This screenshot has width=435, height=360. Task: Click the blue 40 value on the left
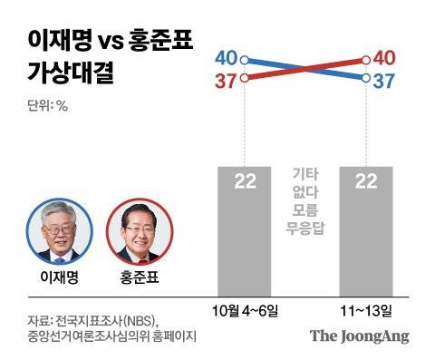coord(227,59)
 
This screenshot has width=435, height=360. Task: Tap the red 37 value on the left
coord(227,82)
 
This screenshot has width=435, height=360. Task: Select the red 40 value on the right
coord(384,59)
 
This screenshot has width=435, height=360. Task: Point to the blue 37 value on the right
coord(384,82)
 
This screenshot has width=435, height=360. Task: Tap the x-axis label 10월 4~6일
coord(245,311)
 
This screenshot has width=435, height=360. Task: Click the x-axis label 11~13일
coord(365,311)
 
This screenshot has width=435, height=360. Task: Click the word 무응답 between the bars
coord(304,227)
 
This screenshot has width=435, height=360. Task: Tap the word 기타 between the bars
coord(304,172)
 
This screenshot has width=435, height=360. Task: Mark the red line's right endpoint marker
coord(365,60)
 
